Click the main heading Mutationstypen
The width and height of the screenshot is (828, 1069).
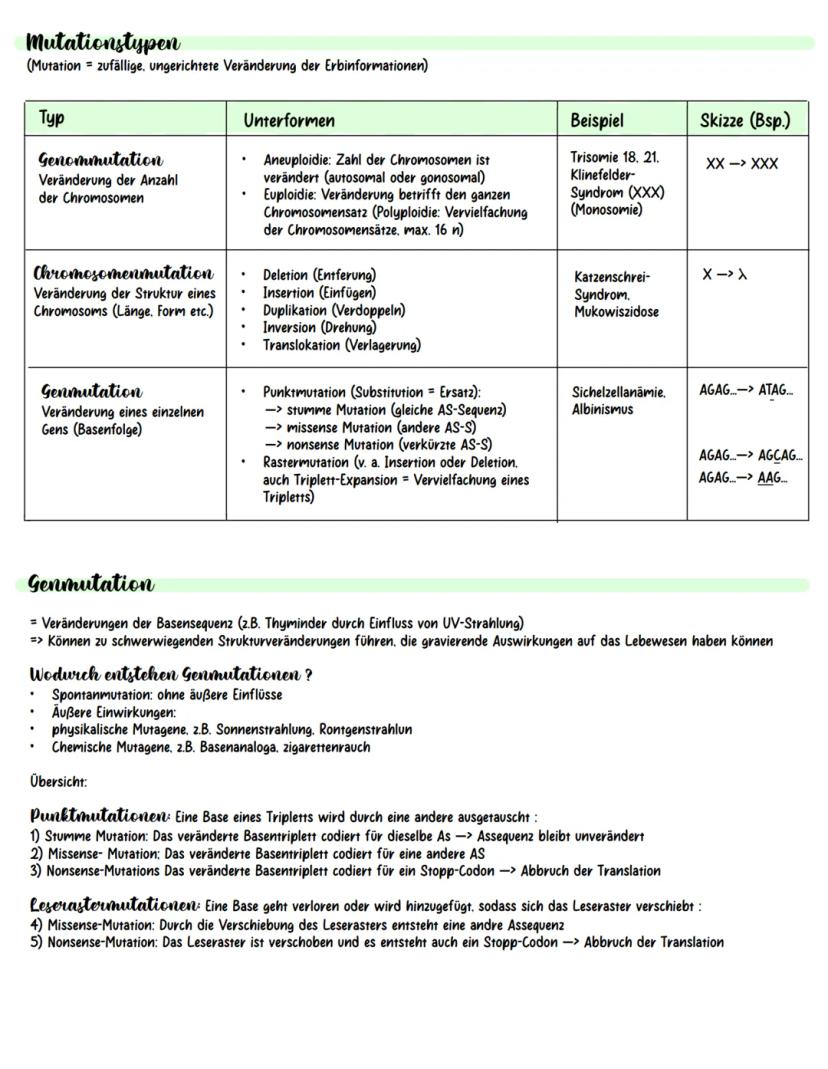pos(104,43)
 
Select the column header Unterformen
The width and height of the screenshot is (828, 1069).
pos(289,120)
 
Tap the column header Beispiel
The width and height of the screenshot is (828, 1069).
pos(597,120)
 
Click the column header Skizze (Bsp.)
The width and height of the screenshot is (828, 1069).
pos(746,120)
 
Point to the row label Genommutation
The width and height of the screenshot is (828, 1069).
pos(100,160)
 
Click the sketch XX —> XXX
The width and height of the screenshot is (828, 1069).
pos(741,164)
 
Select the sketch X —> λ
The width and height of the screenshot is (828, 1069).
pos(724,274)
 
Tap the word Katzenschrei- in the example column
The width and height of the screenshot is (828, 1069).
pos(612,276)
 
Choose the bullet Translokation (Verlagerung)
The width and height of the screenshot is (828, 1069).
pos(341,345)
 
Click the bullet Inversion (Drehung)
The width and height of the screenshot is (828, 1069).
pos(319,327)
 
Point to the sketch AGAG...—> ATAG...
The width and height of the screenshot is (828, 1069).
pos(747,391)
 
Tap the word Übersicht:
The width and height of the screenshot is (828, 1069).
pos(58,781)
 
